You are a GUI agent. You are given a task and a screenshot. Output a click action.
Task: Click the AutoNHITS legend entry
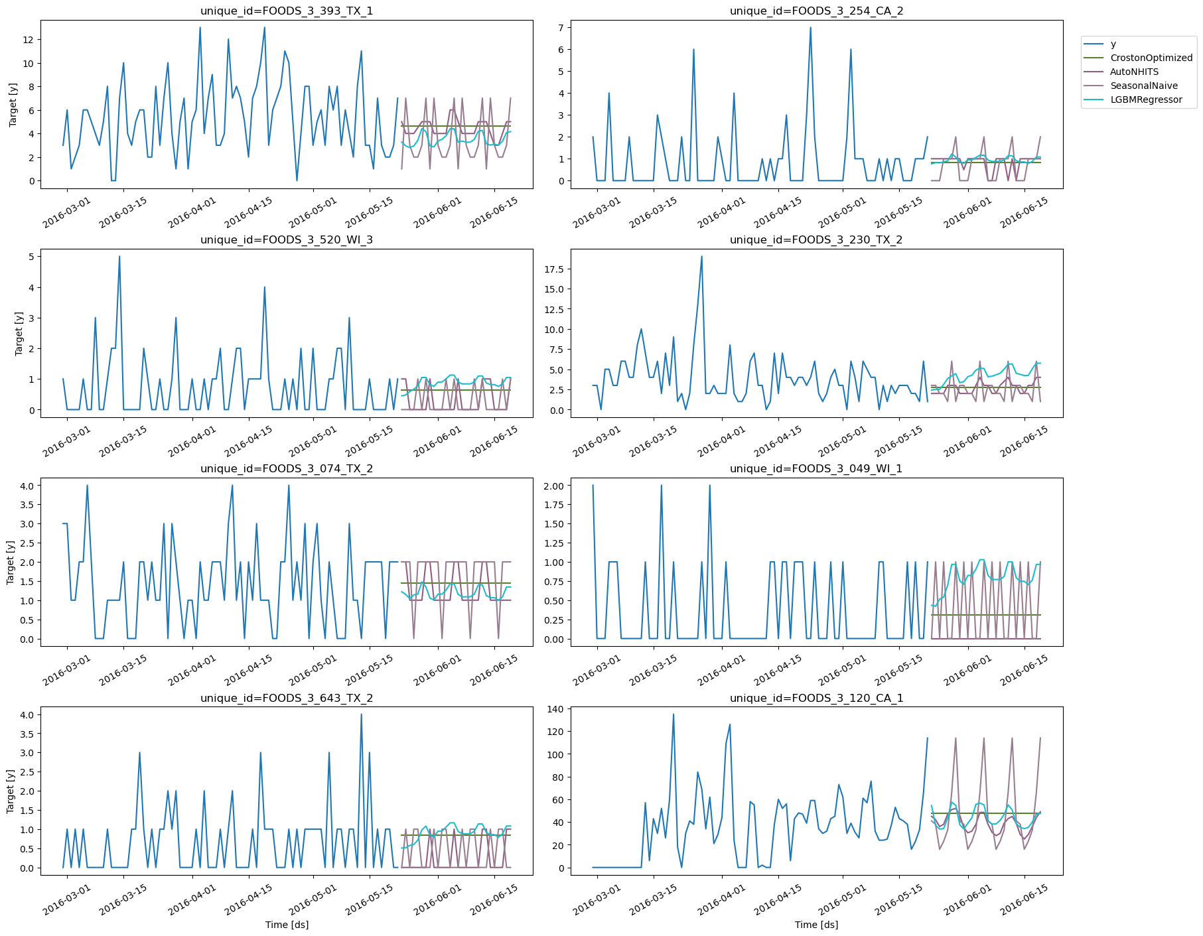1134,72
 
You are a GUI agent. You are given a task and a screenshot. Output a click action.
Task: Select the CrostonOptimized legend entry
1151,58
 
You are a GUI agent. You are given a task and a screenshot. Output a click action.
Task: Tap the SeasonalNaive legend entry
1143,86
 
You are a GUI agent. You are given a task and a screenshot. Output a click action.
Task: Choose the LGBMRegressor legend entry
1146,100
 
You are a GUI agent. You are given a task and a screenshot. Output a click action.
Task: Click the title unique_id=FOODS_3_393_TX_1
287,11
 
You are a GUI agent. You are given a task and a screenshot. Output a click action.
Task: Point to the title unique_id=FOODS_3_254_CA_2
816,11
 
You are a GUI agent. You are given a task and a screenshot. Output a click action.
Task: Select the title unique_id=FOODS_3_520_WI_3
287,239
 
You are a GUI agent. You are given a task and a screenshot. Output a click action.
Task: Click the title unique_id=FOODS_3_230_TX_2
816,239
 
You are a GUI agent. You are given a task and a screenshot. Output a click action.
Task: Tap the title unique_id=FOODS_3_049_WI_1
816,468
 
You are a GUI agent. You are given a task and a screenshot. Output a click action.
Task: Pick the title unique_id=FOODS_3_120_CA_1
816,698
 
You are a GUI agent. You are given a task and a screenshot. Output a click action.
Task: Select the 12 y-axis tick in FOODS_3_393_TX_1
28,40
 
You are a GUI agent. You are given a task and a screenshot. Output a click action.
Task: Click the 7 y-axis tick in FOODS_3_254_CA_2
561,28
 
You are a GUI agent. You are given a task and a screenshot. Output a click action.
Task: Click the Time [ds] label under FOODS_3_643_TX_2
287,924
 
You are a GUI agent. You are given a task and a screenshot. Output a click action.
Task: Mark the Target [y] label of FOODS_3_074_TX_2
11,562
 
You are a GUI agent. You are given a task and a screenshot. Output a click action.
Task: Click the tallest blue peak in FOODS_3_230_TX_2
701,257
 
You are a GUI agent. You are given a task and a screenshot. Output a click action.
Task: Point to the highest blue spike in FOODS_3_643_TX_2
361,714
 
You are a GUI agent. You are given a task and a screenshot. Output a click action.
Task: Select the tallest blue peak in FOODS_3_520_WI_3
119,257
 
